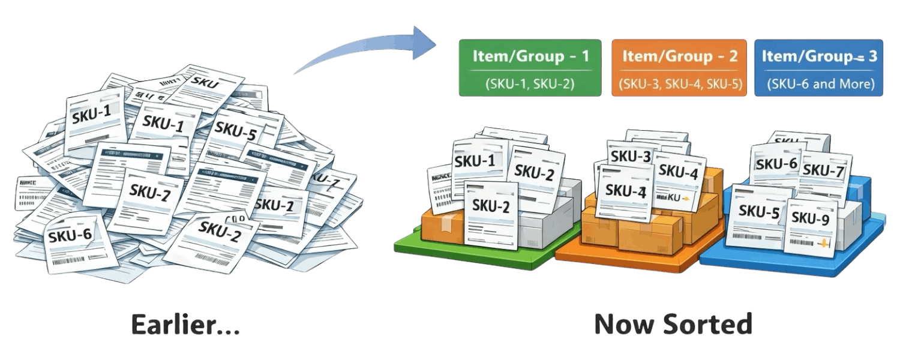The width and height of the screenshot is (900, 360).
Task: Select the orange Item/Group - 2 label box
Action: [x=679, y=67]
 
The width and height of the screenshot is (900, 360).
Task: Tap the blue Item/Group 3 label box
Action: [x=819, y=67]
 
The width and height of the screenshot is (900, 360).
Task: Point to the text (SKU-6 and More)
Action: [x=819, y=83]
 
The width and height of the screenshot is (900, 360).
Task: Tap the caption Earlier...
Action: [x=186, y=325]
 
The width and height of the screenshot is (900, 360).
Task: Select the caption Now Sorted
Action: [x=673, y=325]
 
